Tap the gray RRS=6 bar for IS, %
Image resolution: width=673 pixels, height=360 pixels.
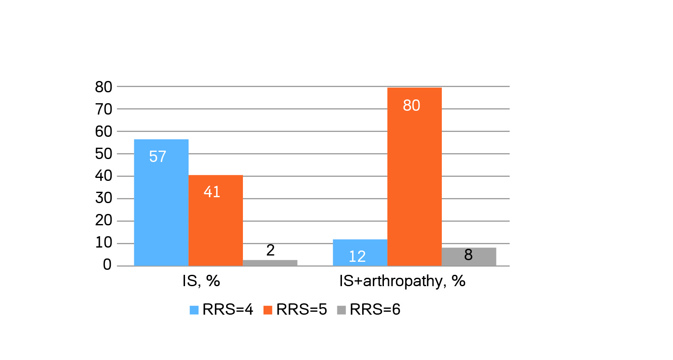coord(270,263)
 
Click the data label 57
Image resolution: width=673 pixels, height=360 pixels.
coord(158,157)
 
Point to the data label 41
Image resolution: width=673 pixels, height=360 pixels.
coord(212,192)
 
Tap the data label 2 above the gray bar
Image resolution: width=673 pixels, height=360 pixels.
coord(270,250)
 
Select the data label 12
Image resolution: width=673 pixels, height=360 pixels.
coord(357,256)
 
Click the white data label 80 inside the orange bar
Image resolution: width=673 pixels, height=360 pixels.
coord(411,106)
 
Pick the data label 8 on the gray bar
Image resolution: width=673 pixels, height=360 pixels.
coord(468,255)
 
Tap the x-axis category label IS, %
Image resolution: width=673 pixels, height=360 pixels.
coord(201,281)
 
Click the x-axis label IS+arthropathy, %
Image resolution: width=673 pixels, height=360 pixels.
coord(402,281)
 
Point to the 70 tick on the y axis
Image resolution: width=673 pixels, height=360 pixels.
coord(104,110)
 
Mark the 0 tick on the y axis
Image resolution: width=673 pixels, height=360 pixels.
coord(107,265)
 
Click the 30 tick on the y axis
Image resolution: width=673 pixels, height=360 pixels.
coord(104,198)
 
